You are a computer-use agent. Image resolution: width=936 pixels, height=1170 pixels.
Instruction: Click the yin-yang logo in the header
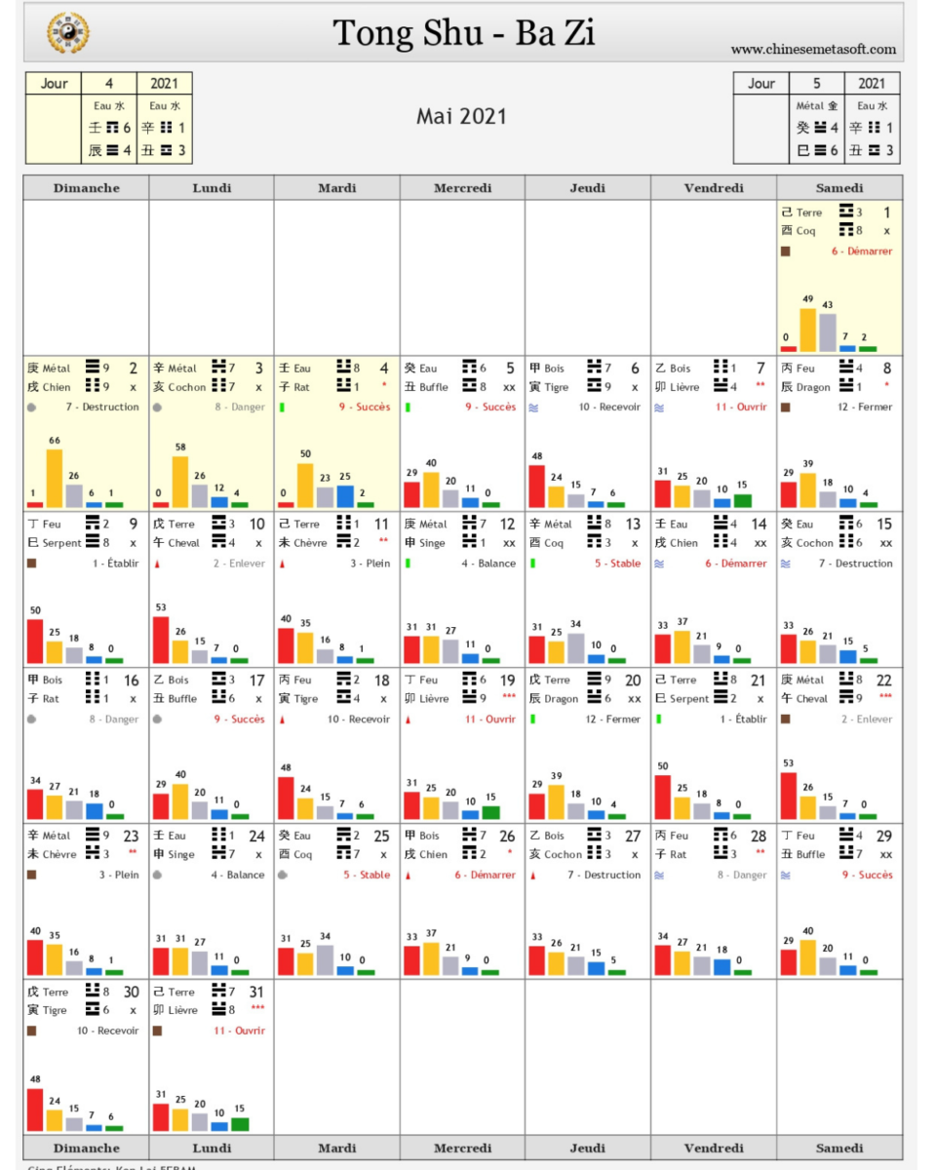[x=68, y=32]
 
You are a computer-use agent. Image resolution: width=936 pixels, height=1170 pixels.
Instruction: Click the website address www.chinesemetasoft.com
[x=813, y=49]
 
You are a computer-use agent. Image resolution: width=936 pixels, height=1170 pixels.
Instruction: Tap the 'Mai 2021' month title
[x=461, y=116]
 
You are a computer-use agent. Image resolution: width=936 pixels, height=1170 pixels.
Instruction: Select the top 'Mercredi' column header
[x=462, y=188]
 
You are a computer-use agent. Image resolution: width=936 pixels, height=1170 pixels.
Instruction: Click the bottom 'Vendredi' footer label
[x=714, y=1148]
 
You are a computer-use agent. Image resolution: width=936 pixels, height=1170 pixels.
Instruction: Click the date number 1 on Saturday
[x=886, y=213]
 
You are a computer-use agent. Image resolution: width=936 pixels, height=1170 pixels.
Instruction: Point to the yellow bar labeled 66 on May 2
[x=55, y=478]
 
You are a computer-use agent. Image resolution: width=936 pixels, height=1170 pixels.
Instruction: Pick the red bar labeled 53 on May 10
[x=161, y=640]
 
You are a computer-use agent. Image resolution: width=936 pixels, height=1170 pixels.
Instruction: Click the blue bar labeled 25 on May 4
[x=345, y=496]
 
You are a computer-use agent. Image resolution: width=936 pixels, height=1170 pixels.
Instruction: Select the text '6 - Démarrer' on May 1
[x=862, y=252]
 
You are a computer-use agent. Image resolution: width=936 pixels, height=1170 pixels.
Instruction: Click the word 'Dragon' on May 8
[x=813, y=387]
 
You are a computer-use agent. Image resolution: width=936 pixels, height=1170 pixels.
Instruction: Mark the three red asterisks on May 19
[x=508, y=698]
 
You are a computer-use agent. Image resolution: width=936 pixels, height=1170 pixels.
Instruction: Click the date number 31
[x=256, y=992]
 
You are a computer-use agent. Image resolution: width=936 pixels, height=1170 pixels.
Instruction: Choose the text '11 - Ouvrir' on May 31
[x=239, y=1031]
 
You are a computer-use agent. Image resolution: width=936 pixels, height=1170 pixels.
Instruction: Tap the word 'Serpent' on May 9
[x=62, y=543]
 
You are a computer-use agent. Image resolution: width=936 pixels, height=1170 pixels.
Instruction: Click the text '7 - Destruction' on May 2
[x=102, y=408]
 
